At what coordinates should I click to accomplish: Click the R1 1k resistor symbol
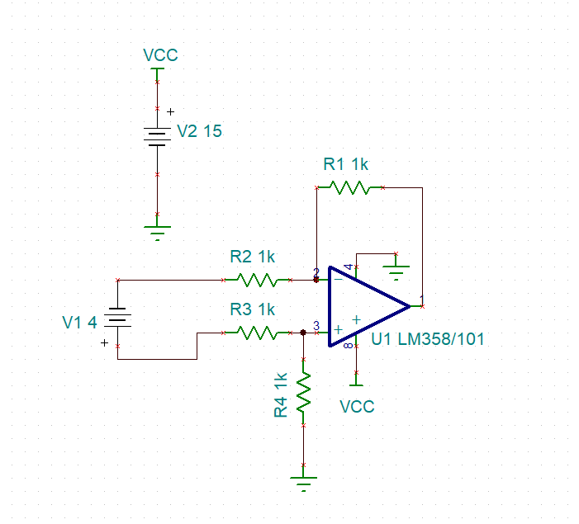click(x=349, y=187)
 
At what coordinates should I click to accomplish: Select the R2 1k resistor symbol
click(x=256, y=280)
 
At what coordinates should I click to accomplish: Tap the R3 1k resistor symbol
click(x=256, y=333)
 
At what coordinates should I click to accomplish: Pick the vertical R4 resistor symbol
click(x=304, y=392)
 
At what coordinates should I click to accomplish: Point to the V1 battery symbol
click(x=118, y=318)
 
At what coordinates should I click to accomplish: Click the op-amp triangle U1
click(x=367, y=306)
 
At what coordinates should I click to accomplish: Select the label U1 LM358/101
click(x=428, y=338)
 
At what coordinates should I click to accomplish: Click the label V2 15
click(x=200, y=131)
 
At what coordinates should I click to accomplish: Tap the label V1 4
click(x=80, y=323)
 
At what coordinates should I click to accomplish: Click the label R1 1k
click(x=345, y=164)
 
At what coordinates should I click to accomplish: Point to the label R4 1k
click(x=282, y=394)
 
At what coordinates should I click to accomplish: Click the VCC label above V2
click(x=160, y=56)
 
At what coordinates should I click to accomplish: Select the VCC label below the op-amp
click(x=357, y=407)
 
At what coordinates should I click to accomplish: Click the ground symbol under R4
click(x=304, y=483)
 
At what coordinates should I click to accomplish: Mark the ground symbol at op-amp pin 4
click(x=396, y=269)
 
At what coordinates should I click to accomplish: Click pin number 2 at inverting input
click(x=316, y=271)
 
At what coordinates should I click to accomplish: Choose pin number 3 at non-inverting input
click(x=316, y=325)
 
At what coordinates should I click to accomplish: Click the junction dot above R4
click(x=304, y=333)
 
